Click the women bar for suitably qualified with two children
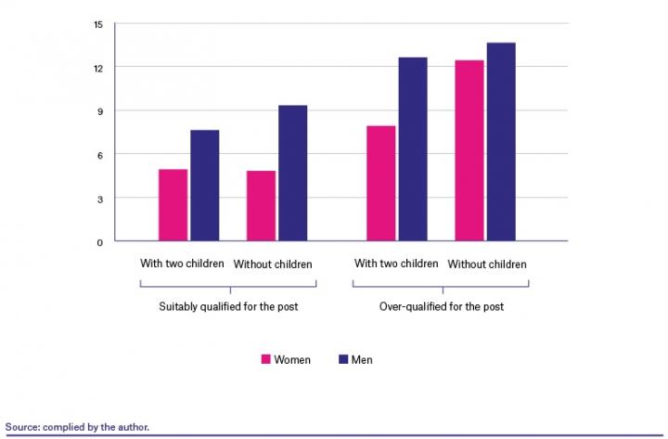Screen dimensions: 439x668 pos(173,205)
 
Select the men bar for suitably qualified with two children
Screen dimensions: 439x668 pos(205,186)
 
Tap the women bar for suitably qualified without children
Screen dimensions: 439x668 pos(261,206)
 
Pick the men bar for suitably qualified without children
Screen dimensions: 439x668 pos(293,174)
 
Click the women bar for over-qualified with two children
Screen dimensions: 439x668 pos(380,183)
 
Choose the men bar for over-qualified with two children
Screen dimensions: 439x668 pos(413,149)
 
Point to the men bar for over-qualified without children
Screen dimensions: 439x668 pos(501,142)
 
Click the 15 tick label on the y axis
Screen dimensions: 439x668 pos(97,24)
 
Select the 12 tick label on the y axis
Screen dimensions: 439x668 pos(97,68)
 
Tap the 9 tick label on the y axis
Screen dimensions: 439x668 pos(99,111)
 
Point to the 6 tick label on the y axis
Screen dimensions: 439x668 pos(99,155)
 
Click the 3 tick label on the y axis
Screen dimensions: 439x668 pos(99,199)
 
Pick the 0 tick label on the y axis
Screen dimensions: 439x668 pos(99,242)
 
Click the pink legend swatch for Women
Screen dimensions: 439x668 pos(264,359)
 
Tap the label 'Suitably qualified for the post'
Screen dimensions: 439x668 pos(227,306)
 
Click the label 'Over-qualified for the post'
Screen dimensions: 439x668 pos(441,306)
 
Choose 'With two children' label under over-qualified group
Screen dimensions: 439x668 pos(396,264)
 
